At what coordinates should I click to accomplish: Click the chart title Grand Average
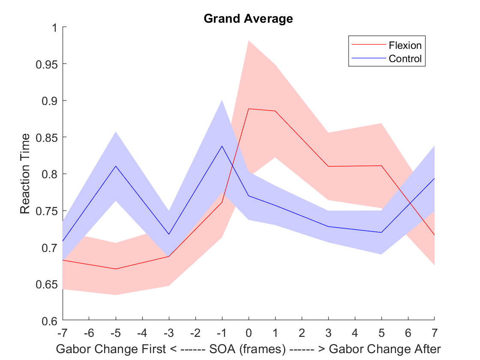point(248,19)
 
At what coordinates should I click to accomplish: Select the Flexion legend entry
point(405,45)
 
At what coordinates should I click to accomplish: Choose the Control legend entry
point(405,58)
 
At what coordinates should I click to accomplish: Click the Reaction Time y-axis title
point(26,174)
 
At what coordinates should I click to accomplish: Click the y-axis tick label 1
point(54,27)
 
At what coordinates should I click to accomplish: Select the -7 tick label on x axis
point(63,332)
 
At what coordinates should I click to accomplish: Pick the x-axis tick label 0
point(249,332)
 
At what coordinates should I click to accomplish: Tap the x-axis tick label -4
point(142,332)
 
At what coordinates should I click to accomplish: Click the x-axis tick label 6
point(408,332)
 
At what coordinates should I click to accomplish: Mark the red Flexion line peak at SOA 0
point(249,109)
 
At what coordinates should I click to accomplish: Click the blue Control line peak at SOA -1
point(222,146)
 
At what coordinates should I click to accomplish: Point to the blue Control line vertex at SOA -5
point(116,166)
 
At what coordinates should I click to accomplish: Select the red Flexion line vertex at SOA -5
point(116,269)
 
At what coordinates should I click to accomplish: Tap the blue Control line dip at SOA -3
point(169,234)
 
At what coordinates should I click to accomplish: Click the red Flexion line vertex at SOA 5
point(381,165)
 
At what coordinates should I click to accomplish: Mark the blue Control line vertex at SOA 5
point(381,232)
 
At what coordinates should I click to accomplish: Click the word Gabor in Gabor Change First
point(70,349)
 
